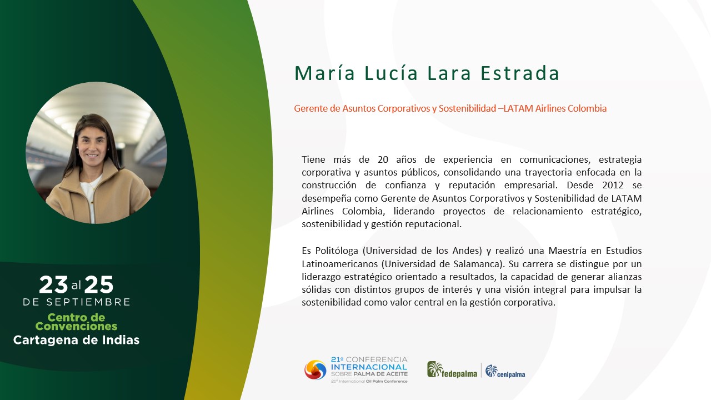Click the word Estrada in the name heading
pos(519,73)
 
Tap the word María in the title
pos(324,73)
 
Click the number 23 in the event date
pos(53,284)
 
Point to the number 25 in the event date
pos(99,284)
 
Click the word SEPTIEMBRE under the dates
pos(88,302)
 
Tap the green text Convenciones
pos(76,326)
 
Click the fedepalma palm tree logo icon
pos(434,369)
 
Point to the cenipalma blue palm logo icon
pos(492,371)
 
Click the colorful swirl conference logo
pos(315,370)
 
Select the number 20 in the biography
pos(383,159)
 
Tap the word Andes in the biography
pos(468,251)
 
